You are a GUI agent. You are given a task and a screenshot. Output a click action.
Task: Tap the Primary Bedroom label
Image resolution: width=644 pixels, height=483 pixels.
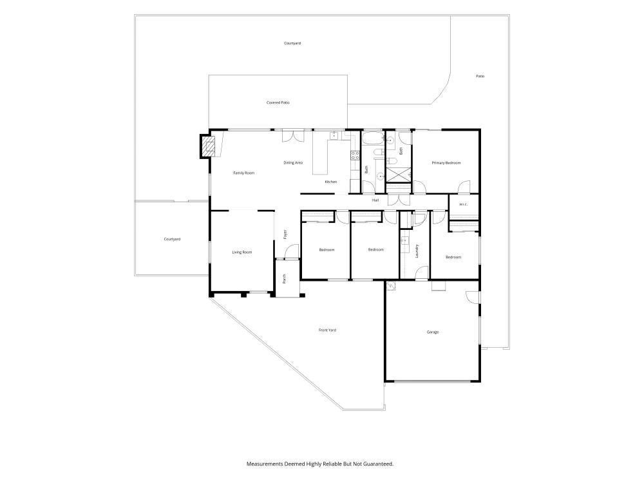[446, 163]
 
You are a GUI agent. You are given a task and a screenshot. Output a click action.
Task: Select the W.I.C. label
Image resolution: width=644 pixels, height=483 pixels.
[463, 204]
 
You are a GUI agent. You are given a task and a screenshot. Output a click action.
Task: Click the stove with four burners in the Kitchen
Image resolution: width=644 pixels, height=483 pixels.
[355, 155]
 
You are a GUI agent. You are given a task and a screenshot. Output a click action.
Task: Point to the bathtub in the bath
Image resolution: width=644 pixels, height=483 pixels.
[373, 138]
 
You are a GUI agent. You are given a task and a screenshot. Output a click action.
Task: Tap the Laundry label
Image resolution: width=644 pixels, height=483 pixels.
[417, 251]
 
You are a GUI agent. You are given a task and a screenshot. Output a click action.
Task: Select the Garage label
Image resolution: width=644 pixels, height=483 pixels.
[433, 332]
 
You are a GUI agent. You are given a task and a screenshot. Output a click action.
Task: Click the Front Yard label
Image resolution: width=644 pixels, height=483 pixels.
[327, 330]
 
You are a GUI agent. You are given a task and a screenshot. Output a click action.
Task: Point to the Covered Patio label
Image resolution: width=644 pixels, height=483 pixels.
[278, 102]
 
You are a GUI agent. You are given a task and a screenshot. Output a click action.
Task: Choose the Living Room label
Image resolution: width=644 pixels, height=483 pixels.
[242, 252]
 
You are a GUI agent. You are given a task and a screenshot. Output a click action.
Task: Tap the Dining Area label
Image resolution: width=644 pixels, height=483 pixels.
[293, 163]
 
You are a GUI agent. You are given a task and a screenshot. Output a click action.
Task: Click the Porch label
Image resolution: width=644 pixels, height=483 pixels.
[284, 279]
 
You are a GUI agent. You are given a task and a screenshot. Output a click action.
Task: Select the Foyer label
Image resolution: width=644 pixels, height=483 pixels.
[285, 234]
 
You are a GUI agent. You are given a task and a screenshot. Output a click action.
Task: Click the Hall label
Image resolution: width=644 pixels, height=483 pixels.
[375, 200]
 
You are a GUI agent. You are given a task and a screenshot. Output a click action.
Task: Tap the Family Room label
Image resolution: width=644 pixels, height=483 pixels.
[244, 173]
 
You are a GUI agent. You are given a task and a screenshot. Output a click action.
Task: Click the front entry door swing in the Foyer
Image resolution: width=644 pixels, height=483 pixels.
[292, 251]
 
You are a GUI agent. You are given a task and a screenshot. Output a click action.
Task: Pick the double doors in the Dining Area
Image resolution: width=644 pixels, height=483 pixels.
[293, 136]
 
